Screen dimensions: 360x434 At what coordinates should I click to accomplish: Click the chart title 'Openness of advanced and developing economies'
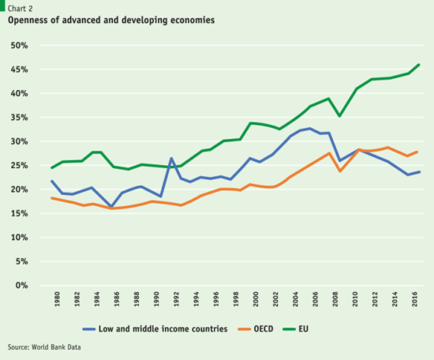111,20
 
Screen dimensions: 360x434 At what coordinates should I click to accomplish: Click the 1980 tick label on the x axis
57,300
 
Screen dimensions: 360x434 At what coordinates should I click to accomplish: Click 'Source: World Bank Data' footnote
44,347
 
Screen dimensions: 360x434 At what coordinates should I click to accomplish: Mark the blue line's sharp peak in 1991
170,159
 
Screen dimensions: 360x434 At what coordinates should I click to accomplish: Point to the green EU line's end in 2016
419,65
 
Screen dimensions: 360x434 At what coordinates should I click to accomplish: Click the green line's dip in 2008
339,116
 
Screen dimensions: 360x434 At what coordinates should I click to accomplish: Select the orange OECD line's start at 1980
51,198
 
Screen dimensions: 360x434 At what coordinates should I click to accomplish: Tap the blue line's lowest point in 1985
111,207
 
